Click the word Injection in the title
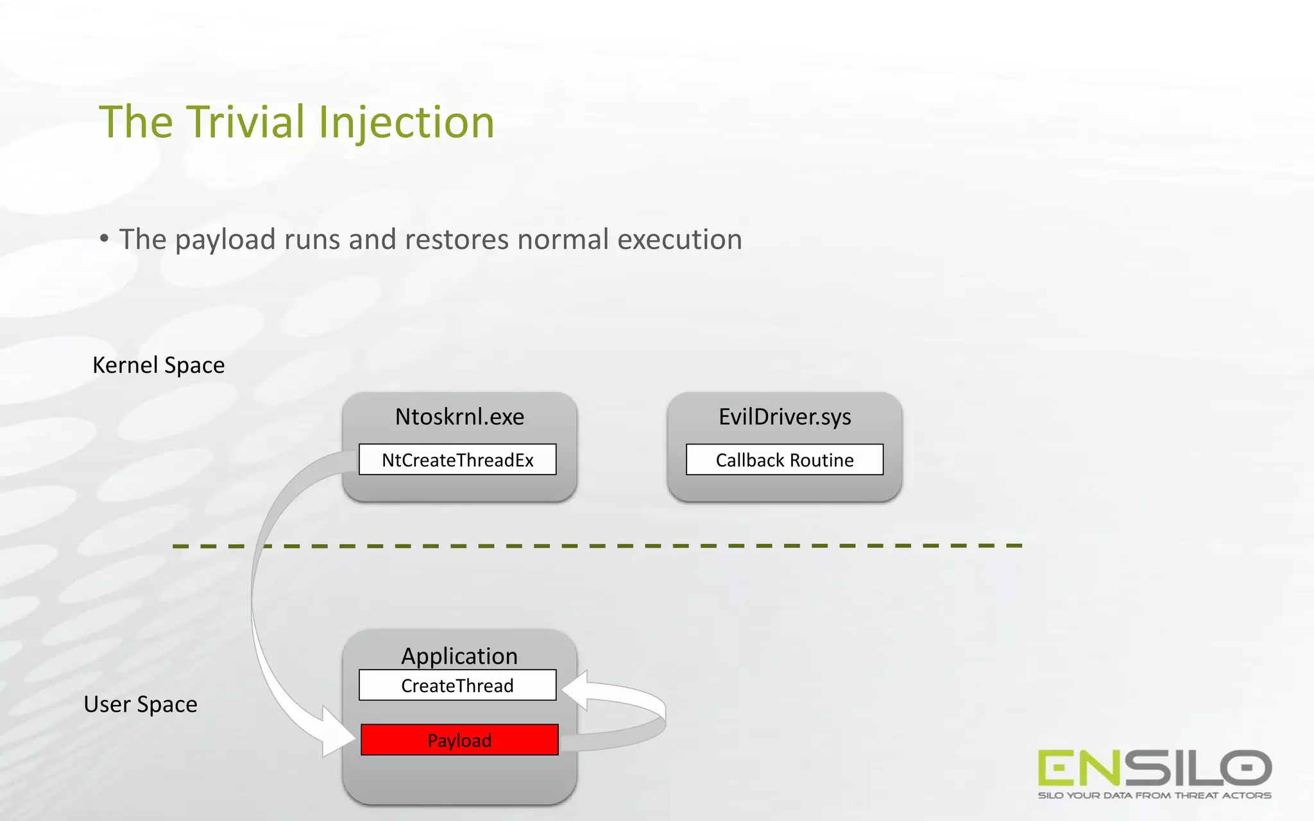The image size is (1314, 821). [406, 123]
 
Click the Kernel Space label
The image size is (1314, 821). [158, 365]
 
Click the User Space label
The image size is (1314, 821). [141, 704]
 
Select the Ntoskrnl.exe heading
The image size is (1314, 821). [459, 417]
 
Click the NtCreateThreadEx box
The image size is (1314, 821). [457, 460]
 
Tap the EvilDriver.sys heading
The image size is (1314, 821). [785, 417]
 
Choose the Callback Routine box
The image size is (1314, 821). [785, 460]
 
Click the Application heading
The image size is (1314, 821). [459, 656]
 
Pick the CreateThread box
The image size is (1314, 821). [457, 686]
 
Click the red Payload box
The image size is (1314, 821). [459, 740]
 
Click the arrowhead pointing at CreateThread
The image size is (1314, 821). [576, 690]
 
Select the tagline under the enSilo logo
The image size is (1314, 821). [1154, 796]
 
